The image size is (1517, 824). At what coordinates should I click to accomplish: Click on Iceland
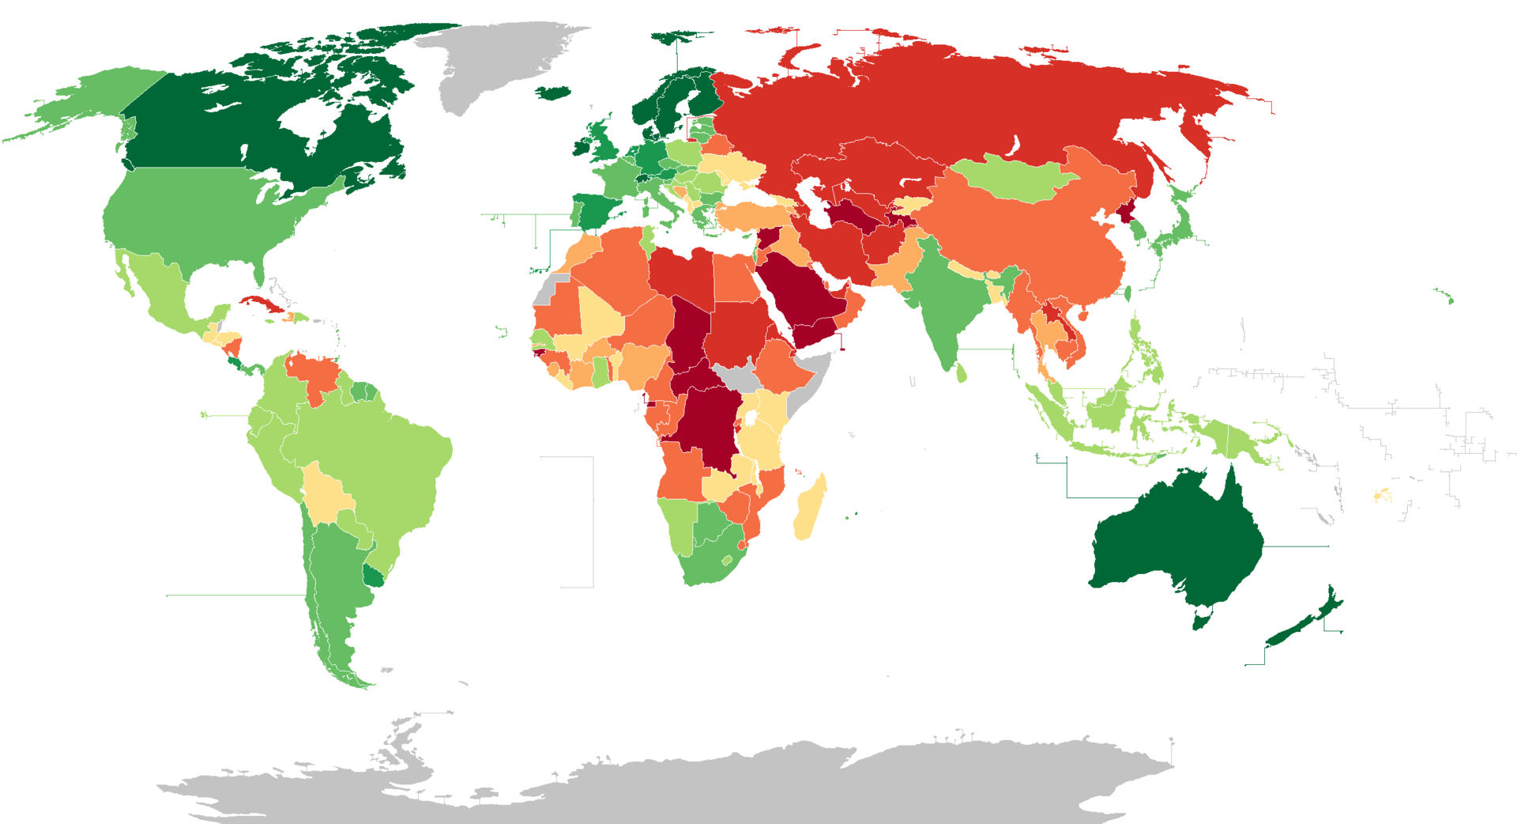[554, 93]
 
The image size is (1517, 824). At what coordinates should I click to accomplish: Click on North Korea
[1126, 212]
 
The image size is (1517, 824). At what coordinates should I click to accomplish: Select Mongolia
[1011, 178]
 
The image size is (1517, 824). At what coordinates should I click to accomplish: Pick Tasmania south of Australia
[1202, 620]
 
